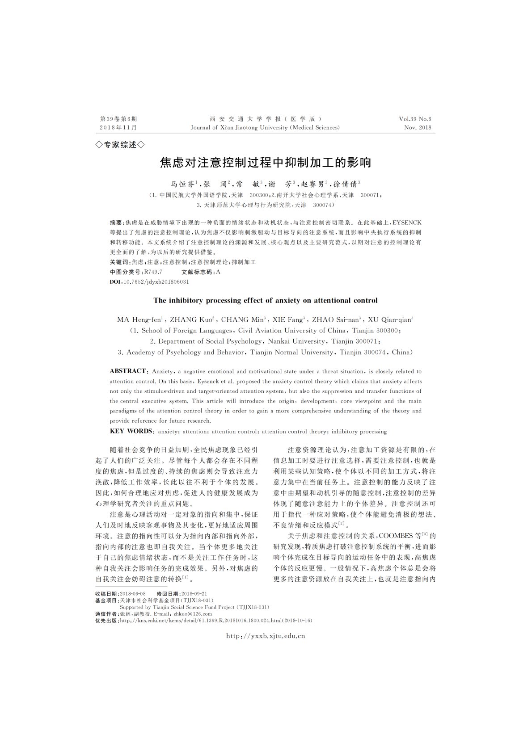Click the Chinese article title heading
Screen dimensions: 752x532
click(266, 162)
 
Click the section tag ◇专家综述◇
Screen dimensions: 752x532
click(120, 145)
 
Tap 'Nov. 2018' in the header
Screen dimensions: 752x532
click(418, 127)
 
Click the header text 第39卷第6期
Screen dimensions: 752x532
click(118, 119)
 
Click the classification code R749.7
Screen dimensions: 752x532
click(153, 272)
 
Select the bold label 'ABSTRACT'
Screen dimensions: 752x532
click(128, 371)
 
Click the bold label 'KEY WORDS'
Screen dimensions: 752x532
click(131, 432)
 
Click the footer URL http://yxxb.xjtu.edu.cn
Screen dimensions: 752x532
click(266, 636)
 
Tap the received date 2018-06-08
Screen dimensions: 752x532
click(133, 594)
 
